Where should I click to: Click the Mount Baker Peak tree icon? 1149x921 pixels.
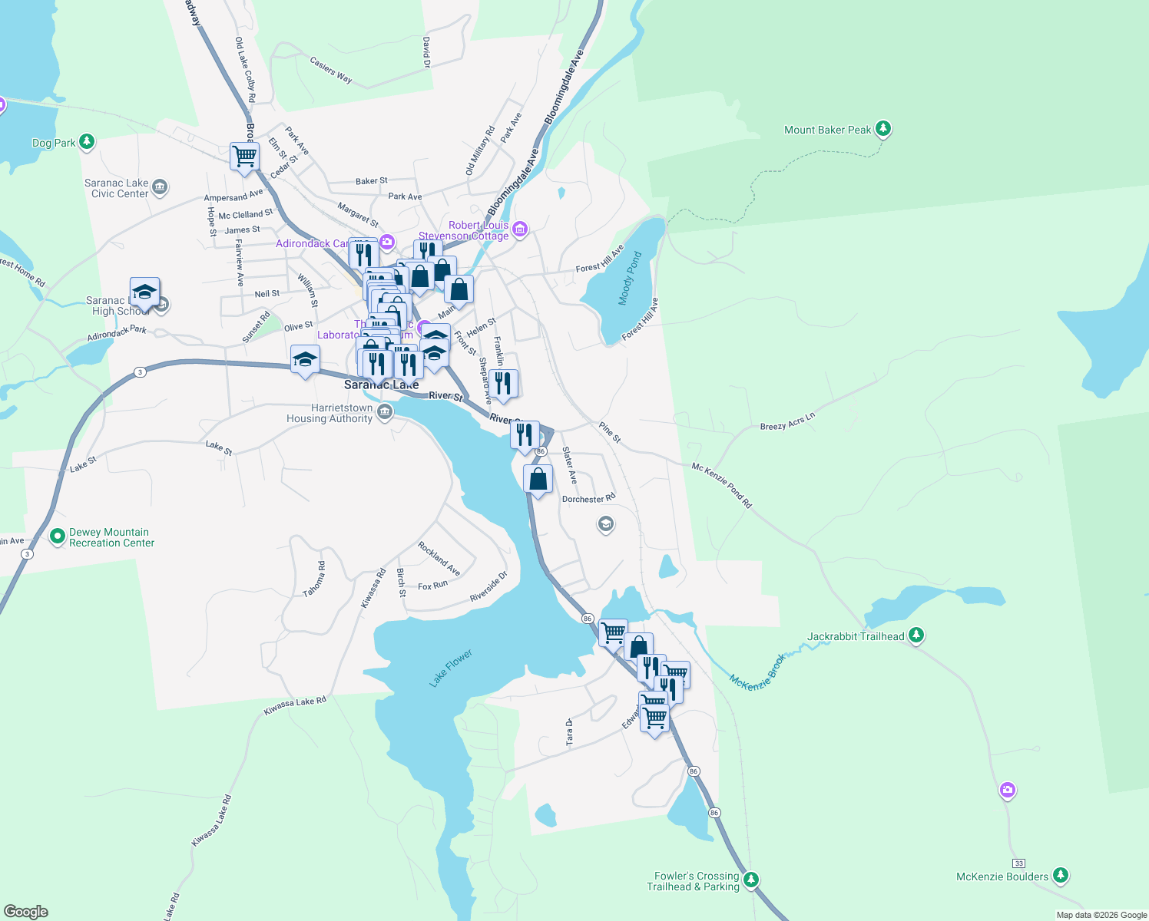[883, 129]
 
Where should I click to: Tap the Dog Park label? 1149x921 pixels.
[54, 143]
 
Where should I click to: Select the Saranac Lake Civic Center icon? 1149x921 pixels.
[160, 187]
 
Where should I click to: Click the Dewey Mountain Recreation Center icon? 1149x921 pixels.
[58, 536]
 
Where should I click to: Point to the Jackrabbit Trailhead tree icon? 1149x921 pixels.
[916, 635]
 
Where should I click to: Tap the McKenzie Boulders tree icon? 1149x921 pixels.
[1061, 875]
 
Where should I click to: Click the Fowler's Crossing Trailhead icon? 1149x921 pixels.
[752, 880]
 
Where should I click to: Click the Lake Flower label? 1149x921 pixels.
[451, 668]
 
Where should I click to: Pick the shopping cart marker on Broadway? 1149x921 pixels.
[244, 156]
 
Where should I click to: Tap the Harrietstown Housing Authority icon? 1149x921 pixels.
[386, 413]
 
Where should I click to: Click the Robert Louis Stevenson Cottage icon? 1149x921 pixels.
[520, 229]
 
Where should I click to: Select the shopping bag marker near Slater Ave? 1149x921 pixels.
[538, 479]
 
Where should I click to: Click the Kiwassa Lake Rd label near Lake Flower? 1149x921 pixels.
[295, 706]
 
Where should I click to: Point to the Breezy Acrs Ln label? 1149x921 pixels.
[787, 421]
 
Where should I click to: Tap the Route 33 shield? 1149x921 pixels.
[1018, 863]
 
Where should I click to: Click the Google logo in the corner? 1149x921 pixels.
[26, 912]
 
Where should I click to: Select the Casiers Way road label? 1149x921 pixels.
[331, 69]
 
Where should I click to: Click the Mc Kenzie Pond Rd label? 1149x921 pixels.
[721, 485]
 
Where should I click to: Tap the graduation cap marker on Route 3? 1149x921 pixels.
[305, 359]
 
